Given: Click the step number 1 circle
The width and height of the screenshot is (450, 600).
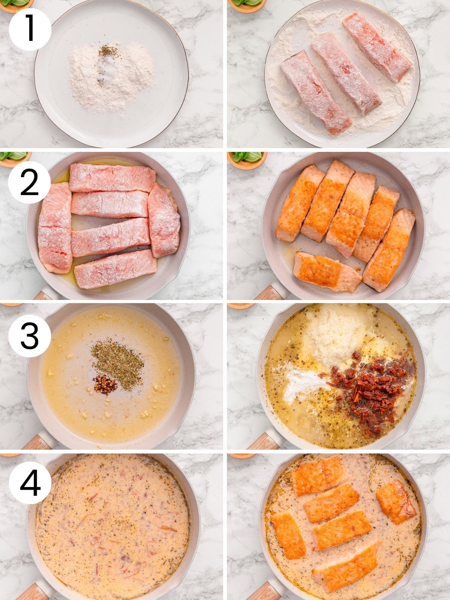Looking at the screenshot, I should tap(30, 30).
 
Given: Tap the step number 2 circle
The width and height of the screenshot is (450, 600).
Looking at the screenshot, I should tap(29, 183).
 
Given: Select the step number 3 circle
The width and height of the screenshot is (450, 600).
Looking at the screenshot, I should tap(30, 336).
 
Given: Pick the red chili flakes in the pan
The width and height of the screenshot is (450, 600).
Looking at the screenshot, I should tap(105, 384).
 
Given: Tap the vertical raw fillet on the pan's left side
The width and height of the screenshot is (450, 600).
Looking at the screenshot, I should tap(55, 228).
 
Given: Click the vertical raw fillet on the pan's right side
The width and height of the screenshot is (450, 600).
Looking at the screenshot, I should tap(164, 220).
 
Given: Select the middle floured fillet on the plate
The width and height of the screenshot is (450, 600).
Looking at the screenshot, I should tap(345, 73).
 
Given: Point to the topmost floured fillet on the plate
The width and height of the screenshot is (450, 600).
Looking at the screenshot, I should tap(376, 47).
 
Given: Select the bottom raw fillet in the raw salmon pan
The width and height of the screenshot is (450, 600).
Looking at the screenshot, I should tap(115, 269).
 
